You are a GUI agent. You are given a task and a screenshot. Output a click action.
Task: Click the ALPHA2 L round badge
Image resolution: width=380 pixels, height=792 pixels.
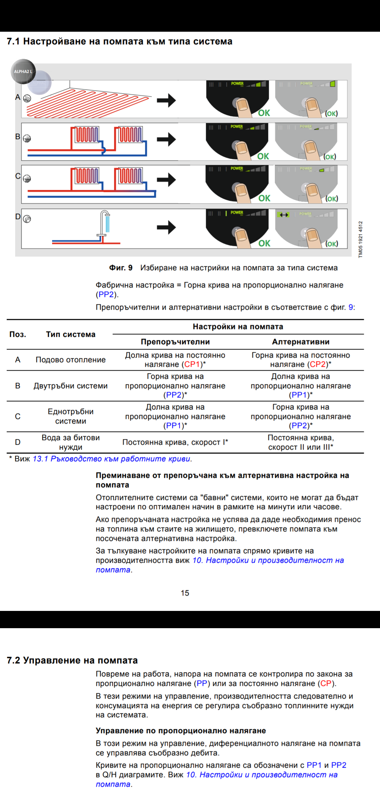23,72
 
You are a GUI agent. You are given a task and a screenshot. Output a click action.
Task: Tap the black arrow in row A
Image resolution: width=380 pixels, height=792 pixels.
166,100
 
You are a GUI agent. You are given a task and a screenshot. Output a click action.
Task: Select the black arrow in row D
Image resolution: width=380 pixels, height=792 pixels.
166,227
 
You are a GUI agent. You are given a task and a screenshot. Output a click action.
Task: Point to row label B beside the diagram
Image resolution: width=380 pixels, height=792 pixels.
18,137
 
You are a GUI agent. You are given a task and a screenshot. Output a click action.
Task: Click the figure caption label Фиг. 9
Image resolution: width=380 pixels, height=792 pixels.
121,268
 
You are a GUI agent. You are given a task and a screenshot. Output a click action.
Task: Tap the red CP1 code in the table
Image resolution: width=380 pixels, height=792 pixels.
192,364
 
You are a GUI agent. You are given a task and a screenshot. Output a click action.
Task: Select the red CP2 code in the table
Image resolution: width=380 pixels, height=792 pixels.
318,364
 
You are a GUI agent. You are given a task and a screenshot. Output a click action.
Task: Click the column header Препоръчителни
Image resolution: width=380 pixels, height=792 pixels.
175,342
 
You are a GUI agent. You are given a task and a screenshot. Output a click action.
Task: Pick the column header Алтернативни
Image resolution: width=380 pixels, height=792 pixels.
301,342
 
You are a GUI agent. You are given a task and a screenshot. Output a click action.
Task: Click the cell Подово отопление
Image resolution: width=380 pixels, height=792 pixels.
71,360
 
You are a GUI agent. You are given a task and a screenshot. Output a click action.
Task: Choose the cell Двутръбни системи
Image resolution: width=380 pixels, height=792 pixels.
71,386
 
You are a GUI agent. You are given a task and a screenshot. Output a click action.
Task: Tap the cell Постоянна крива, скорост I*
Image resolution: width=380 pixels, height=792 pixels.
175,442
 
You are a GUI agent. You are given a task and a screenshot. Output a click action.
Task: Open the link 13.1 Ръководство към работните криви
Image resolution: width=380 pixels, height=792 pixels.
112,459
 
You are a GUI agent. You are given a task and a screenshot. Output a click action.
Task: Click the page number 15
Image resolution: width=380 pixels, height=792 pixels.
185,593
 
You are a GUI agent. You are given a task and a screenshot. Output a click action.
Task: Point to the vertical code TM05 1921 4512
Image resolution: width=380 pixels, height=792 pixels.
360,240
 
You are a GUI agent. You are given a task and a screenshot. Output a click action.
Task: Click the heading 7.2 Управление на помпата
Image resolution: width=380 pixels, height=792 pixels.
72,660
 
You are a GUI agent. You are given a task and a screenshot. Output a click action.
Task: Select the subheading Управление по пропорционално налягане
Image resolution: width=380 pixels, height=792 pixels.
181,731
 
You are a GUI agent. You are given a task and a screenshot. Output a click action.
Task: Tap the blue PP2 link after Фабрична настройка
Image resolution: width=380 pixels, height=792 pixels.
106,295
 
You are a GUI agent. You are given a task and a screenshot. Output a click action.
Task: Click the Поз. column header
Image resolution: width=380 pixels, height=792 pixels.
18,334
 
